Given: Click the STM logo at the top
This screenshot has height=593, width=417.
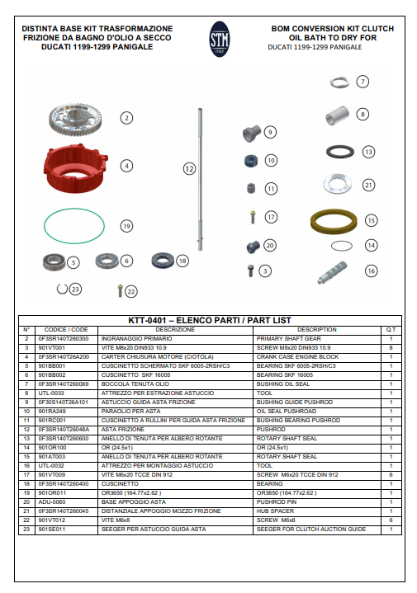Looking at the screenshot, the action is coord(220,38).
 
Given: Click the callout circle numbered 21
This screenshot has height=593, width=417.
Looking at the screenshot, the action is coord(369,185).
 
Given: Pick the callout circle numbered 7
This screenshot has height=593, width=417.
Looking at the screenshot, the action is coord(363,82).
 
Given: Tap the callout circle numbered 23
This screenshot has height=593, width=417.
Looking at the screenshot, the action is coord(76,289).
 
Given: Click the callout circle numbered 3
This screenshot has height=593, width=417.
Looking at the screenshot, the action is coord(264,271).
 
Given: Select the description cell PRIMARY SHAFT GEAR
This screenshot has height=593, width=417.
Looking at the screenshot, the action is coord(288,338).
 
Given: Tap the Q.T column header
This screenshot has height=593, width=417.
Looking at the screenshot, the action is coord(391,329).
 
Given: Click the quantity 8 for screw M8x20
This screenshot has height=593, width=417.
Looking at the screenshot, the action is coord(391,347).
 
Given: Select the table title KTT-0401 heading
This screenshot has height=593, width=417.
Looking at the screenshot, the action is coord(210,319).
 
